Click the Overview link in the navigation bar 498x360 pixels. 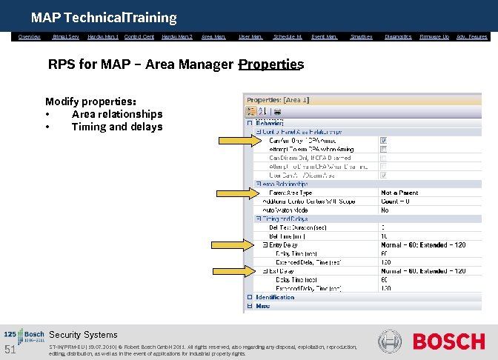pyautogui.click(x=30, y=36)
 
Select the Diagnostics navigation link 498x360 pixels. pyautogui.click(x=398, y=36)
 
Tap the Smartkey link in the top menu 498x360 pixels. pyautogui.click(x=361, y=36)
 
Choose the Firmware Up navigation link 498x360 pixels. pyautogui.click(x=434, y=36)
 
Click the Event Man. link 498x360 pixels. pyautogui.click(x=325, y=36)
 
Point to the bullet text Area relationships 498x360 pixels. pyautogui.click(x=116, y=114)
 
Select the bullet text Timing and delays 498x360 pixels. pyautogui.click(x=116, y=127)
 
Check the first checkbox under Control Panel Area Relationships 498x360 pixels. pyautogui.click(x=383, y=140)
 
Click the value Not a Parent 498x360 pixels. pyautogui.click(x=399, y=193)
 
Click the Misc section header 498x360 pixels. pyautogui.click(x=263, y=305)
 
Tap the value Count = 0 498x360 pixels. pyautogui.click(x=396, y=201)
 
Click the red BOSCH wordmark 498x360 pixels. pyautogui.click(x=448, y=341)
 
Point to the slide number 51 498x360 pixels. pyautogui.click(x=10, y=350)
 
